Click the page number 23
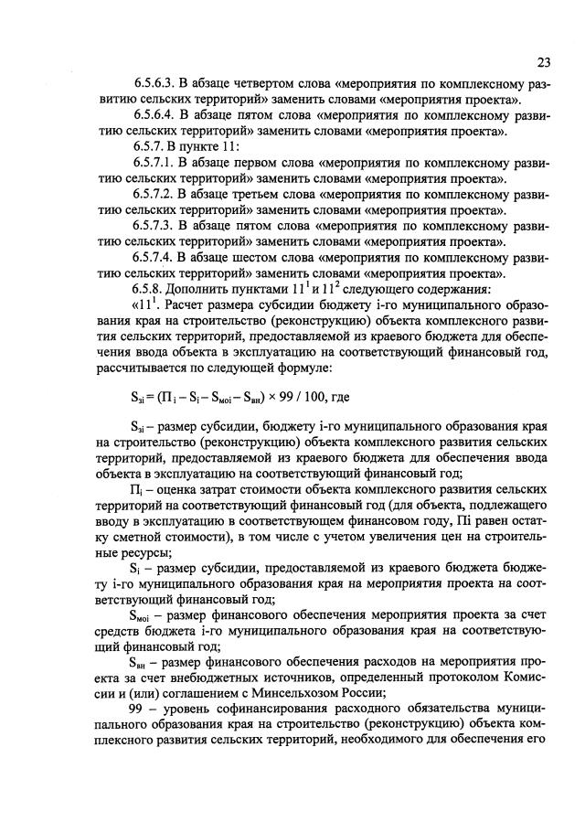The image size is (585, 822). pyautogui.click(x=543, y=62)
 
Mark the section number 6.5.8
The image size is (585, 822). pyautogui.click(x=151, y=290)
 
